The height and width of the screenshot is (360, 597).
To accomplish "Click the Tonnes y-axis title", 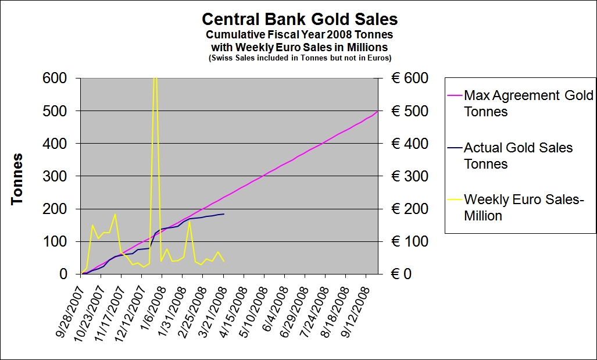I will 18,179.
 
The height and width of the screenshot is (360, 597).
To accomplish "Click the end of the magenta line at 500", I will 378,111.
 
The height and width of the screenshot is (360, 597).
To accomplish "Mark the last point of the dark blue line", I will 224,214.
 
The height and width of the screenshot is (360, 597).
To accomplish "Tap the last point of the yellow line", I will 224,261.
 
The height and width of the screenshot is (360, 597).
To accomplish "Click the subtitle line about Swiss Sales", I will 299,58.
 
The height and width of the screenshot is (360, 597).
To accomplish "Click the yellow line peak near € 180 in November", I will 115,214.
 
